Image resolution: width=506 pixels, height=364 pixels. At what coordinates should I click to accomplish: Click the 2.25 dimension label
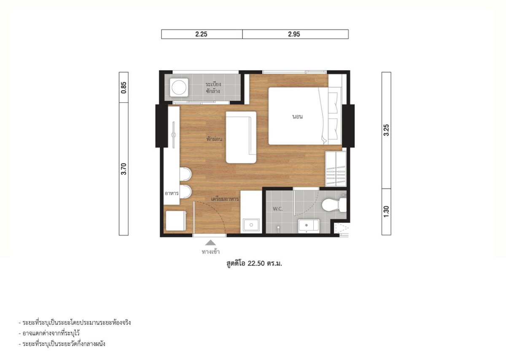click(201, 34)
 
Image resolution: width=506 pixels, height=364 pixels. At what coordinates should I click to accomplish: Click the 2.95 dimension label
click(294, 34)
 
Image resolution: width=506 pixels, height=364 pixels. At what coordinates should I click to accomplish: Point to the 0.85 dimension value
click(124, 88)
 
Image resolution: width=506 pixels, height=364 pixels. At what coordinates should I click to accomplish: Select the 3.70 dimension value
click(124, 169)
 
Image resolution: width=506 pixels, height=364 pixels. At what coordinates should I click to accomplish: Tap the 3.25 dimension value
click(386, 130)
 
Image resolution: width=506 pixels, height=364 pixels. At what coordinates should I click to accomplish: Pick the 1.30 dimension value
click(386, 211)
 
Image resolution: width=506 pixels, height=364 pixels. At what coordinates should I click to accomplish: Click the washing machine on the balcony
click(179, 88)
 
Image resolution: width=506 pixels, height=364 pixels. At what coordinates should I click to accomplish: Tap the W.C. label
click(277, 209)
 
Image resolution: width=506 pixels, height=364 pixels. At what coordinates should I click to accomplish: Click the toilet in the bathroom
click(334, 205)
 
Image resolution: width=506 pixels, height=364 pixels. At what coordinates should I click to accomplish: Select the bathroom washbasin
click(309, 226)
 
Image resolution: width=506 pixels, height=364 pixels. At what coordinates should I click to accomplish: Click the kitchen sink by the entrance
click(251, 225)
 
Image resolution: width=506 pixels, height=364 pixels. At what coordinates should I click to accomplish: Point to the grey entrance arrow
click(210, 243)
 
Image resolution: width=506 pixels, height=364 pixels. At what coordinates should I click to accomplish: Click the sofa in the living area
click(241, 137)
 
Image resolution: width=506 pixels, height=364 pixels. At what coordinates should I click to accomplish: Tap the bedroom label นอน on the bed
click(297, 117)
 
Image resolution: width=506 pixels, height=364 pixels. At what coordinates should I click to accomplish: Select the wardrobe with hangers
click(336, 169)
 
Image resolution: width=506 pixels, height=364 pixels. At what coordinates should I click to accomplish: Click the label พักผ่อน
click(214, 139)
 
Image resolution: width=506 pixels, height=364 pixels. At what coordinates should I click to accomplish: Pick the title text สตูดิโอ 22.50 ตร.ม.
click(254, 263)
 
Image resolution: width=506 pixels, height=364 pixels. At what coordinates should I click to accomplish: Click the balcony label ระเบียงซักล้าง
click(213, 88)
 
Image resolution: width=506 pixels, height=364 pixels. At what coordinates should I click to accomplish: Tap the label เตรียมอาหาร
click(225, 199)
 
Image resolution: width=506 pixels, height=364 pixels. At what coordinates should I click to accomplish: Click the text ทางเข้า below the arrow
click(210, 252)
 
